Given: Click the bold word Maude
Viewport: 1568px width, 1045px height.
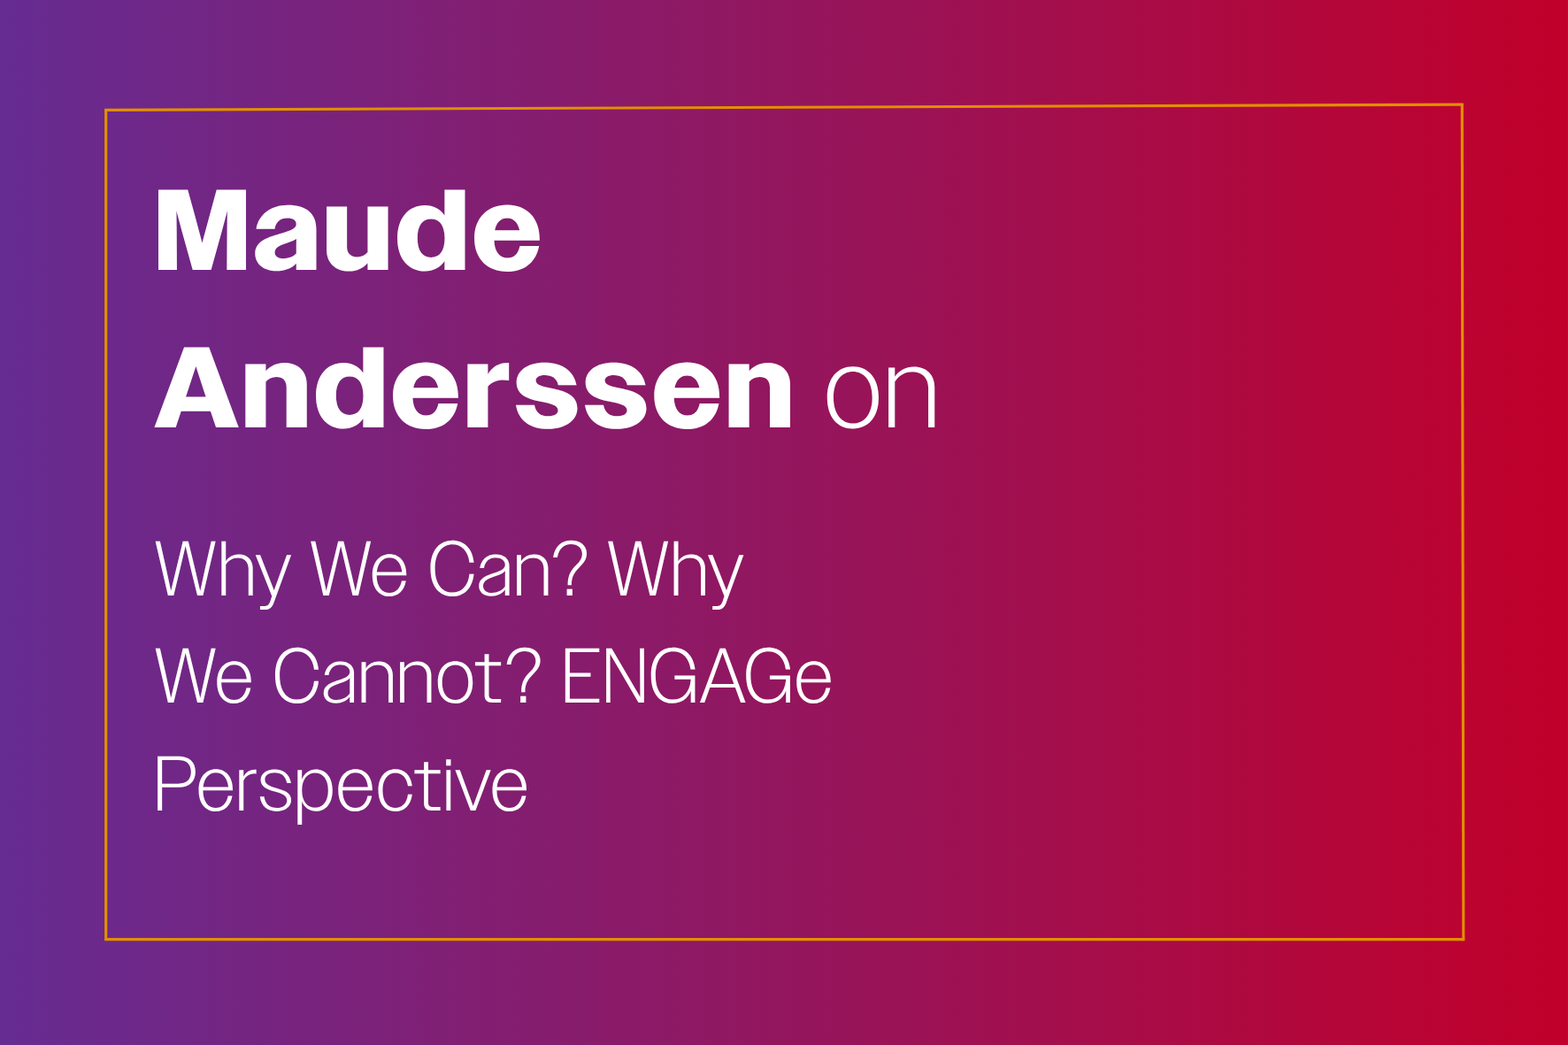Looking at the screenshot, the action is [348, 231].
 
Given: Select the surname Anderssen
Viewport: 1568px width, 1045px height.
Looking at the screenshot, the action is [473, 388].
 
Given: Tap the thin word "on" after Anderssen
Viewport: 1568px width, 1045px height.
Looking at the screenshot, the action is [880, 396].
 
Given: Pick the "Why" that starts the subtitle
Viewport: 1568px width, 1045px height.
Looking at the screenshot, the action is [223, 572].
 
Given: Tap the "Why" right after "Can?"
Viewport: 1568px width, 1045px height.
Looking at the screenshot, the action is [676, 572].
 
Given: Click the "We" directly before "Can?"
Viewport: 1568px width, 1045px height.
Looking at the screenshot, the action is [359, 569].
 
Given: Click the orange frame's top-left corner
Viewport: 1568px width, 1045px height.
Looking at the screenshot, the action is [106, 111].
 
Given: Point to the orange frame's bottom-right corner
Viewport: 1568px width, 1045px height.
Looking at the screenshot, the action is [1463, 938].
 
